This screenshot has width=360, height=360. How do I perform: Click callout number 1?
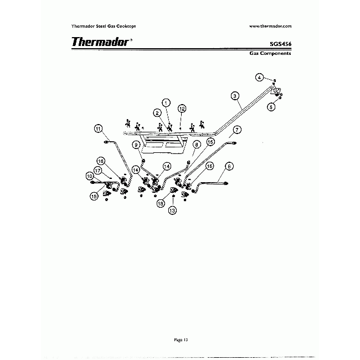click(166, 102)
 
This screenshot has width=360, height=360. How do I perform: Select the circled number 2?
click(158, 113)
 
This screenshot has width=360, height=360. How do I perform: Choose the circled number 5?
click(271, 107)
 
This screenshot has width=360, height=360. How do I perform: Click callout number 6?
click(228, 165)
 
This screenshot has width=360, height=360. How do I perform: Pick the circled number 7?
click(236, 130)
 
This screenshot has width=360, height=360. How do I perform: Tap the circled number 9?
click(136, 144)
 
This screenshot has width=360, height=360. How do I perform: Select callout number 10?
click(90, 176)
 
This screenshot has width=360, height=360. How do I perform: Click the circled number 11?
click(98, 130)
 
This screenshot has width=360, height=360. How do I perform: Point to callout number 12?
click(182, 109)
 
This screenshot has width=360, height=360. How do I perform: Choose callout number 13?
click(173, 210)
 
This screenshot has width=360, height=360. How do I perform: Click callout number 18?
click(161, 203)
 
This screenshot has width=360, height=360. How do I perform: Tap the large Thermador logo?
click(100, 42)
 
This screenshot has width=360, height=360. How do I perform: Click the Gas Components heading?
click(270, 54)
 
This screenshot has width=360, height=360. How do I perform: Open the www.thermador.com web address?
click(270, 25)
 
